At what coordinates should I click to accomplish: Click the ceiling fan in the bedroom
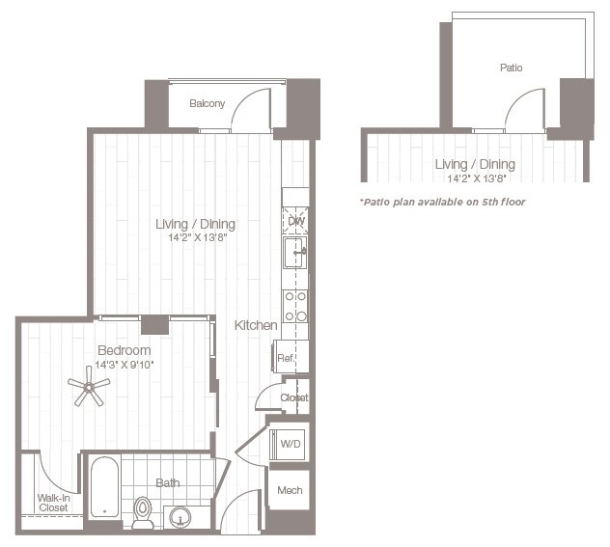pos(89,387)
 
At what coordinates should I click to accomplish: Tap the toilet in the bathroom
pos(143,513)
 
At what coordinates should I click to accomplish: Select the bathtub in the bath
pos(104,487)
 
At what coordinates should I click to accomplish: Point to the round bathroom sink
pos(180,517)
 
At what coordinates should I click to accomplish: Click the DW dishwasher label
pos(296,221)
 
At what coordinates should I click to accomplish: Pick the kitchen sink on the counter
pos(295,253)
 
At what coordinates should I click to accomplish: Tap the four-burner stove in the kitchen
pos(295,307)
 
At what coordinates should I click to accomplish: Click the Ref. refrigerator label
pos(286,358)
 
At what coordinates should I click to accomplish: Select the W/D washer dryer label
pos(291,444)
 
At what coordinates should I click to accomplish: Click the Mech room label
pos(290,490)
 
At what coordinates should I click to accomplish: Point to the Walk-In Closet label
pos(54,503)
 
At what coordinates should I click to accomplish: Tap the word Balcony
pos(207,103)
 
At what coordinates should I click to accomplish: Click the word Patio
pos(511,68)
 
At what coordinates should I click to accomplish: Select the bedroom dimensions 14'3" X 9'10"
pos(125,365)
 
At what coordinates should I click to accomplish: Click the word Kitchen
pos(256,325)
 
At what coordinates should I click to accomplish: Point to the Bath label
pos(168,483)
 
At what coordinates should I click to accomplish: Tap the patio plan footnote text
pos(442,203)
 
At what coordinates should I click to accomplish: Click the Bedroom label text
pos(125,350)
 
